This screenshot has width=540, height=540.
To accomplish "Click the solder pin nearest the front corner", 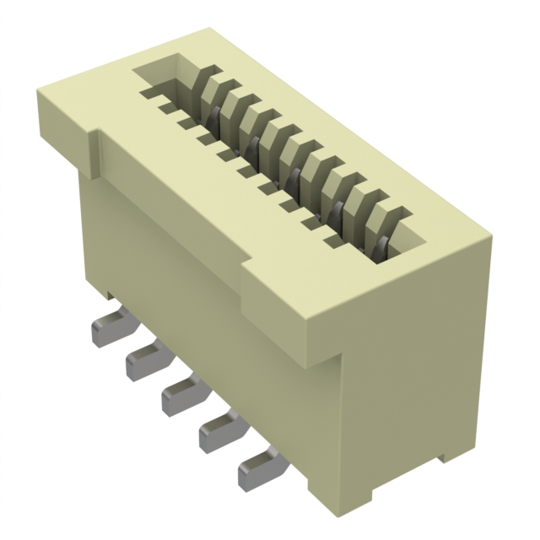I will [x=257, y=472].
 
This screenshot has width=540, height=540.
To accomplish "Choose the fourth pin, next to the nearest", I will [x=219, y=431].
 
